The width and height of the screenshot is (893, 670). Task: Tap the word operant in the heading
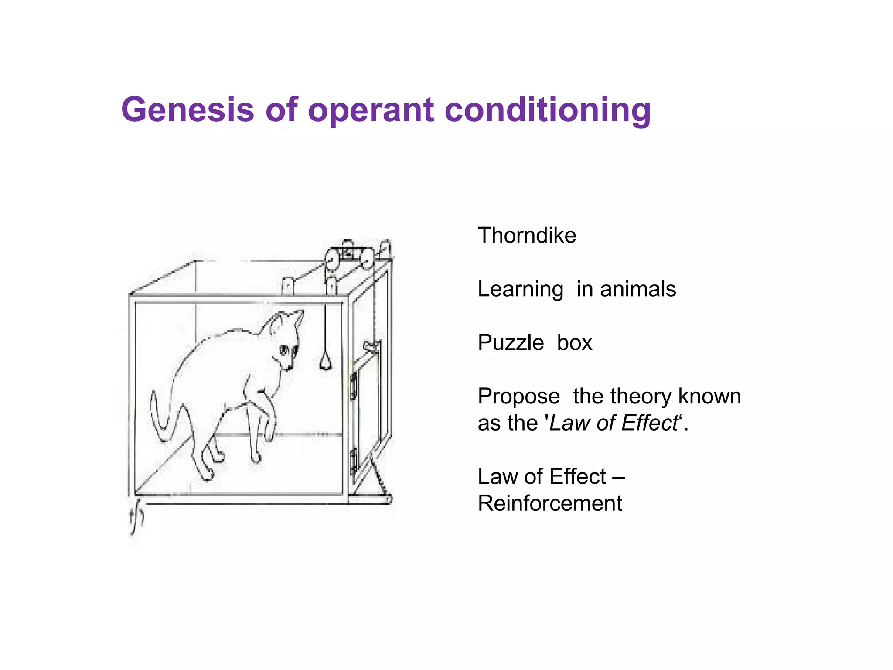pyautogui.click(x=371, y=110)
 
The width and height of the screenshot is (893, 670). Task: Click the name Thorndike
pyautogui.click(x=527, y=236)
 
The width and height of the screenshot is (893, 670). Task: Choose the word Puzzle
pyautogui.click(x=511, y=343)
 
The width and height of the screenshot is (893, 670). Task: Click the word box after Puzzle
pyautogui.click(x=574, y=343)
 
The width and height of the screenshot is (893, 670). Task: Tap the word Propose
pyautogui.click(x=518, y=397)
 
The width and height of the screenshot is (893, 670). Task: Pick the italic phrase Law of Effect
pyautogui.click(x=614, y=423)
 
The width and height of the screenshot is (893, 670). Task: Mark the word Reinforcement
pyautogui.click(x=549, y=503)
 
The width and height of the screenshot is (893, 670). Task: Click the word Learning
pyautogui.click(x=520, y=289)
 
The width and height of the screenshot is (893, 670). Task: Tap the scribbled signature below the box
pyautogui.click(x=136, y=519)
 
